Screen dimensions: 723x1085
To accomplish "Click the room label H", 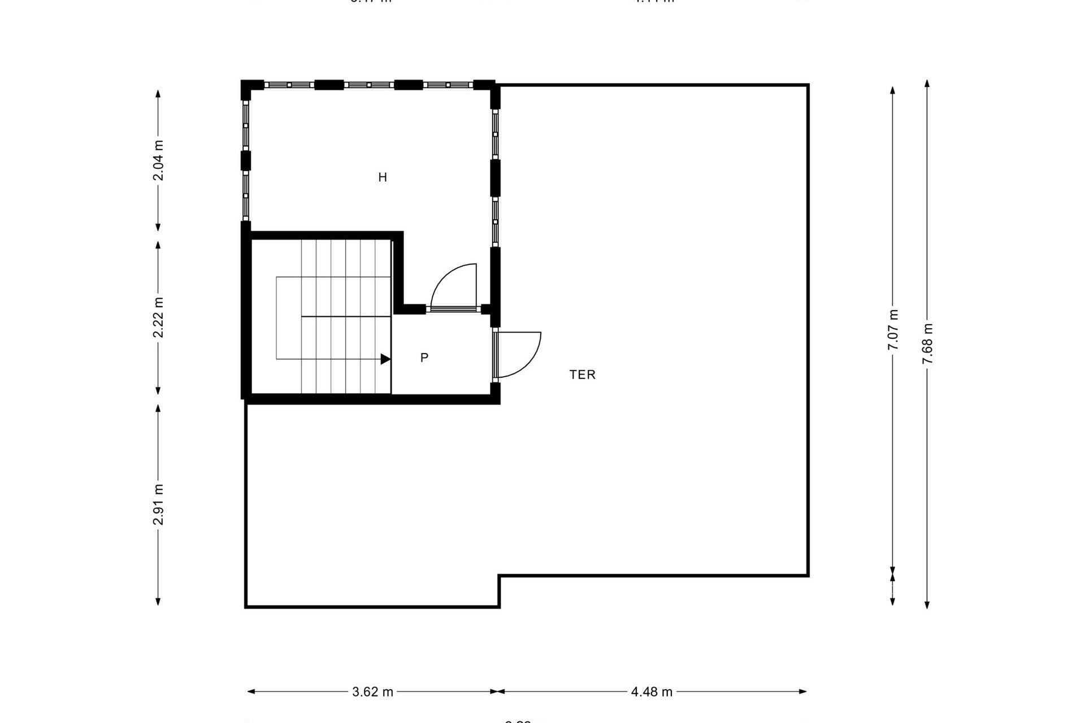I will pos(383,177).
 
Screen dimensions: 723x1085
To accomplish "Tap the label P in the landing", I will pos(424,358).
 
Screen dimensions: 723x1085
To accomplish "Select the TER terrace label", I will pos(583,374).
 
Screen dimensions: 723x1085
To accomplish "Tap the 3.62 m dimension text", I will pos(372,692).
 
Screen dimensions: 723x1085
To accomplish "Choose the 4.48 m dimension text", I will pos(652,692).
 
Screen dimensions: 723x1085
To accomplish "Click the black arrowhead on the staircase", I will pos(385,359).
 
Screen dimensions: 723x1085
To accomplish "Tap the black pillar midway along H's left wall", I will pos(246,160).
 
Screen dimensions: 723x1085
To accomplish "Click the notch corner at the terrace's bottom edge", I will pos(499,576).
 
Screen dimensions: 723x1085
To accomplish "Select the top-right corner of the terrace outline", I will pos(808,85).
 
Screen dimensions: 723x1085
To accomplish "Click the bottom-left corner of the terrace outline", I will pos(246,607).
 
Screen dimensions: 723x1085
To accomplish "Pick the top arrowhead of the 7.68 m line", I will pos(927,84).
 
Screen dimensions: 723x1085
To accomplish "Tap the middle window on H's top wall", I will pos(368,85).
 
